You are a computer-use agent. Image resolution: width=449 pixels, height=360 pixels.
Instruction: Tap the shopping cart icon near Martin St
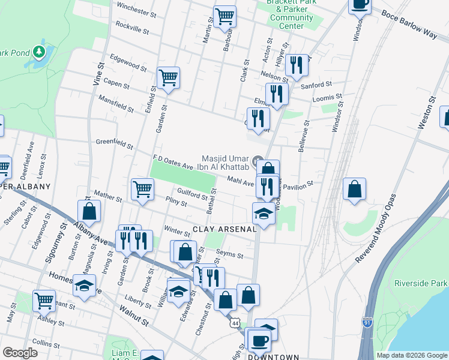coord(224,16)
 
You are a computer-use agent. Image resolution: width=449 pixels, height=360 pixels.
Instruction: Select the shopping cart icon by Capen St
coord(168,77)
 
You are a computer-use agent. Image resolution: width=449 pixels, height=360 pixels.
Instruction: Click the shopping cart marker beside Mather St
coord(142,189)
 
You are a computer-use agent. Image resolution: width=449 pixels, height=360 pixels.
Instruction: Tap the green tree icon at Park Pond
coord(40,52)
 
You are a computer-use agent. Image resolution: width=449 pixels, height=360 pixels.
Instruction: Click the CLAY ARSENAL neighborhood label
coord(225,229)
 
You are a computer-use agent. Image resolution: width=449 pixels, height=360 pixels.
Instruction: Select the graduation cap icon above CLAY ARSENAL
coord(263,213)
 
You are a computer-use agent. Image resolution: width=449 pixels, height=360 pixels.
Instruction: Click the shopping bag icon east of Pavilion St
coord(355,188)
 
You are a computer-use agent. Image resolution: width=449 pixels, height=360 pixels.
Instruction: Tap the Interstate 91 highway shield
coord(366,323)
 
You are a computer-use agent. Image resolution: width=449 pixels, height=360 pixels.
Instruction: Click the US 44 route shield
coord(235,323)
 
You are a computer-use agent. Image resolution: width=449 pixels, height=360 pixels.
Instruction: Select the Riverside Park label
coord(421,283)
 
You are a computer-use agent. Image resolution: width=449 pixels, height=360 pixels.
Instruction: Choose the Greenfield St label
coord(114,143)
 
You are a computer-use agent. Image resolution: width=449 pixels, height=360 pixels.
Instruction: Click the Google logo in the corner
coord(20,353)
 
